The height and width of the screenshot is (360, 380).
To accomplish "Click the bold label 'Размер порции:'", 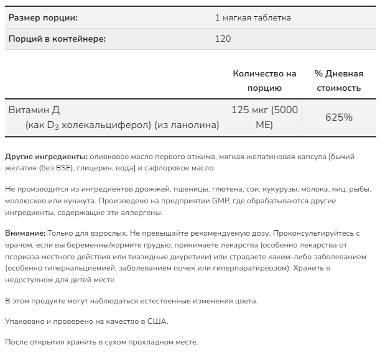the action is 43,17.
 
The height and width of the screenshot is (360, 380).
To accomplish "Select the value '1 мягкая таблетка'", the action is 253,17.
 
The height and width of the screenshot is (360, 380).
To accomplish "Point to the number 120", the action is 223,39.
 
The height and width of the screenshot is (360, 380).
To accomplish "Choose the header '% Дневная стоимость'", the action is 338,80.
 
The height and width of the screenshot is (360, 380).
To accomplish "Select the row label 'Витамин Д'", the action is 34,110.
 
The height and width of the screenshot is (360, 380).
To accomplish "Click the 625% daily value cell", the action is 338,117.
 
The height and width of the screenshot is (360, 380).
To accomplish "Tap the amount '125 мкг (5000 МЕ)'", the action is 264,117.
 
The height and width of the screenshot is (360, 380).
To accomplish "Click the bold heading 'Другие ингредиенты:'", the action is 46,157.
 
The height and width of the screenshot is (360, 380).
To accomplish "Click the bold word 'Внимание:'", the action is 25,233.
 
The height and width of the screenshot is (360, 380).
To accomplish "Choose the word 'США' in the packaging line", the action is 158,321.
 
